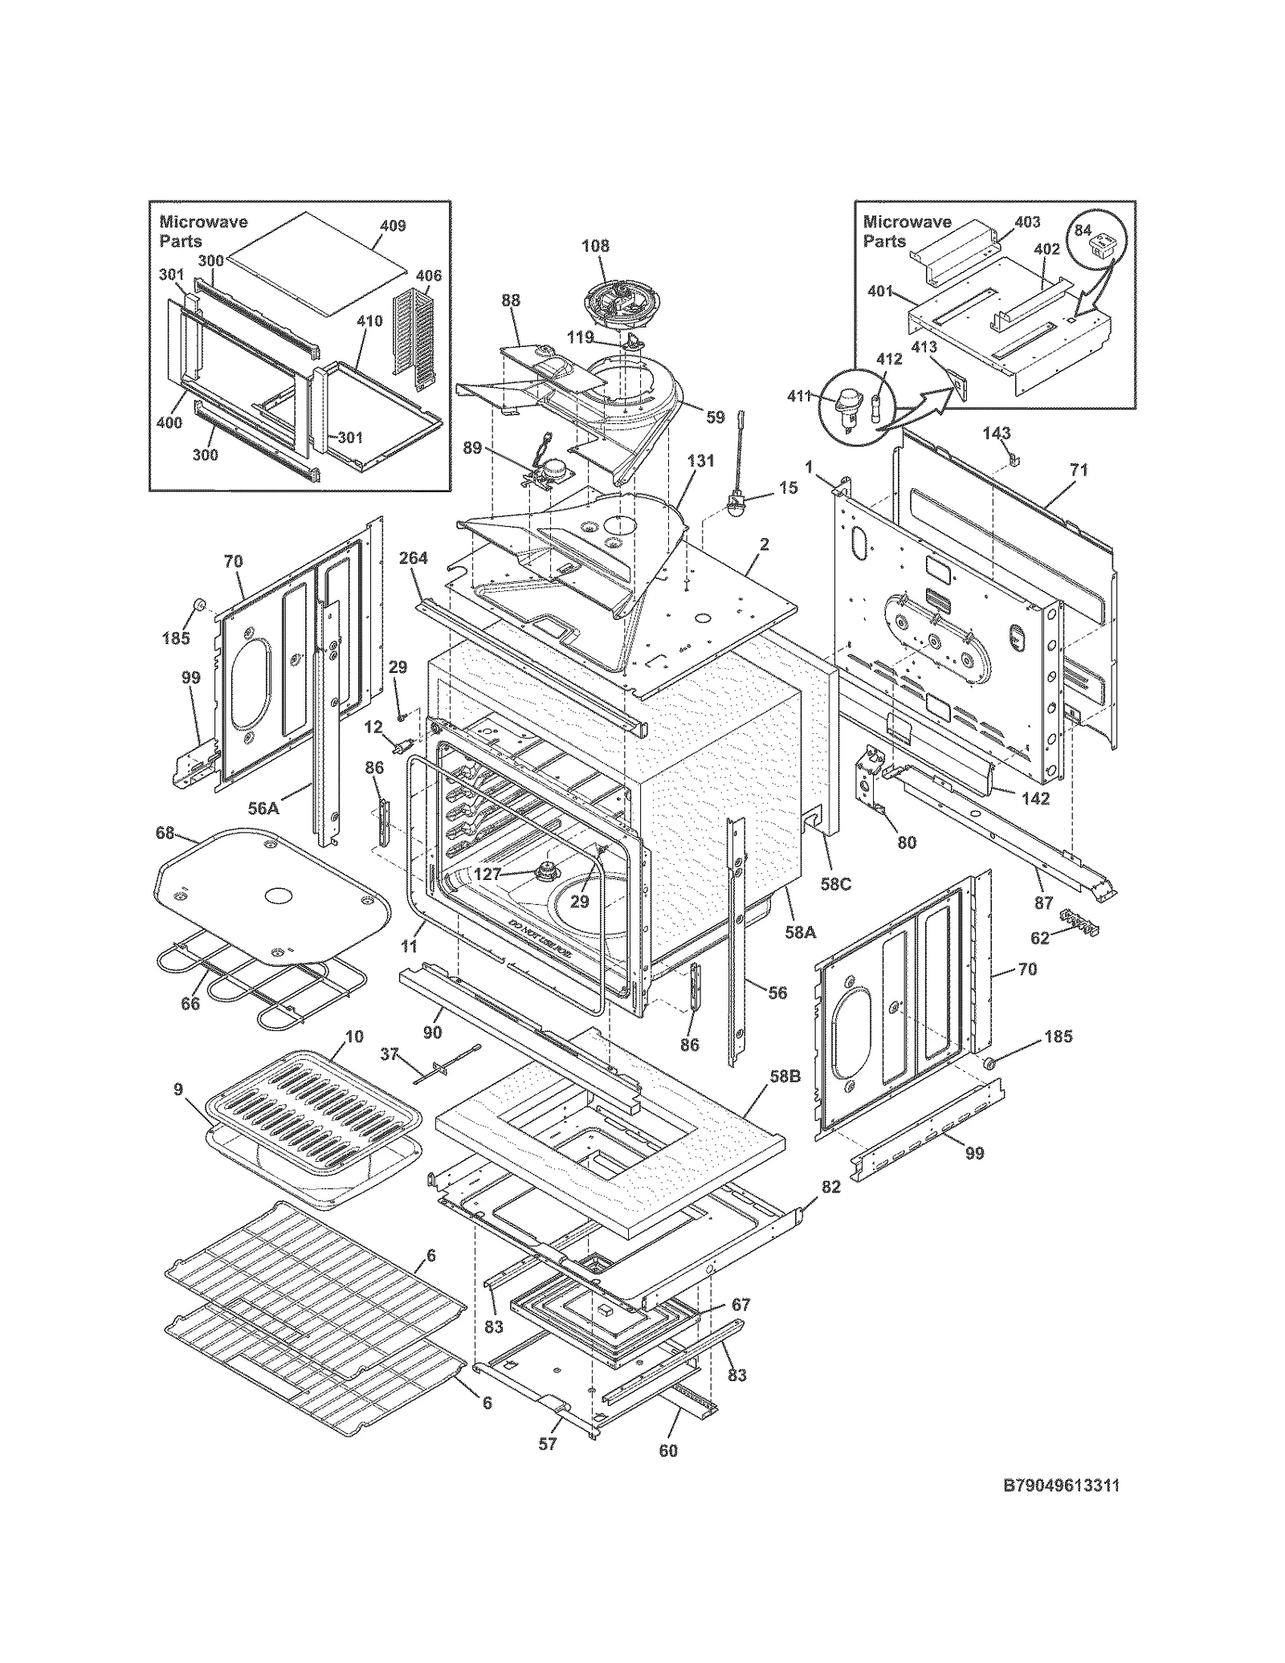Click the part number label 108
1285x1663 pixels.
[595, 247]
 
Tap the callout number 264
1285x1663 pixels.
[413, 558]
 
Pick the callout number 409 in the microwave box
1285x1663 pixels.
[392, 226]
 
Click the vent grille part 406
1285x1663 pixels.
[414, 336]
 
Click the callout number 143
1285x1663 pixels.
[996, 434]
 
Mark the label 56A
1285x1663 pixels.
[263, 809]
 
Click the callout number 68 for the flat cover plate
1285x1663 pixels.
[165, 834]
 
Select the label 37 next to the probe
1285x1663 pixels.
[390, 1054]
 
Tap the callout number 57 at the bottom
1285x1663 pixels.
[547, 1444]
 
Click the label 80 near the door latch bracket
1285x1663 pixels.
[906, 842]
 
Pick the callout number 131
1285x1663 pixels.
[700, 461]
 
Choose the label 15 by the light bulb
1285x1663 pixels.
[788, 487]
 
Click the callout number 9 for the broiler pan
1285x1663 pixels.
[177, 1089]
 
